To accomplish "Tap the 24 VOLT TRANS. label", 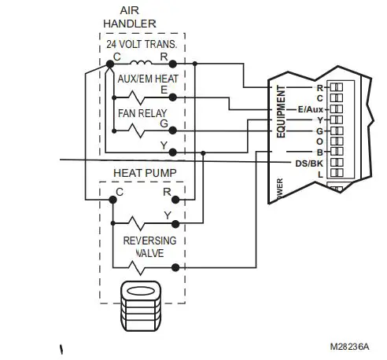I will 141,44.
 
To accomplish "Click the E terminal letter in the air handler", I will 164,91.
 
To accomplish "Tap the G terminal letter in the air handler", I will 164,123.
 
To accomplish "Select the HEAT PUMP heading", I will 145,172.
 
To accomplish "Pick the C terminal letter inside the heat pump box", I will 120,190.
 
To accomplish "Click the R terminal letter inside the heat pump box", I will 166,190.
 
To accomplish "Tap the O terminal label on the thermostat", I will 319,140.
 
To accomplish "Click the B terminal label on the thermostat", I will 319,151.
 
